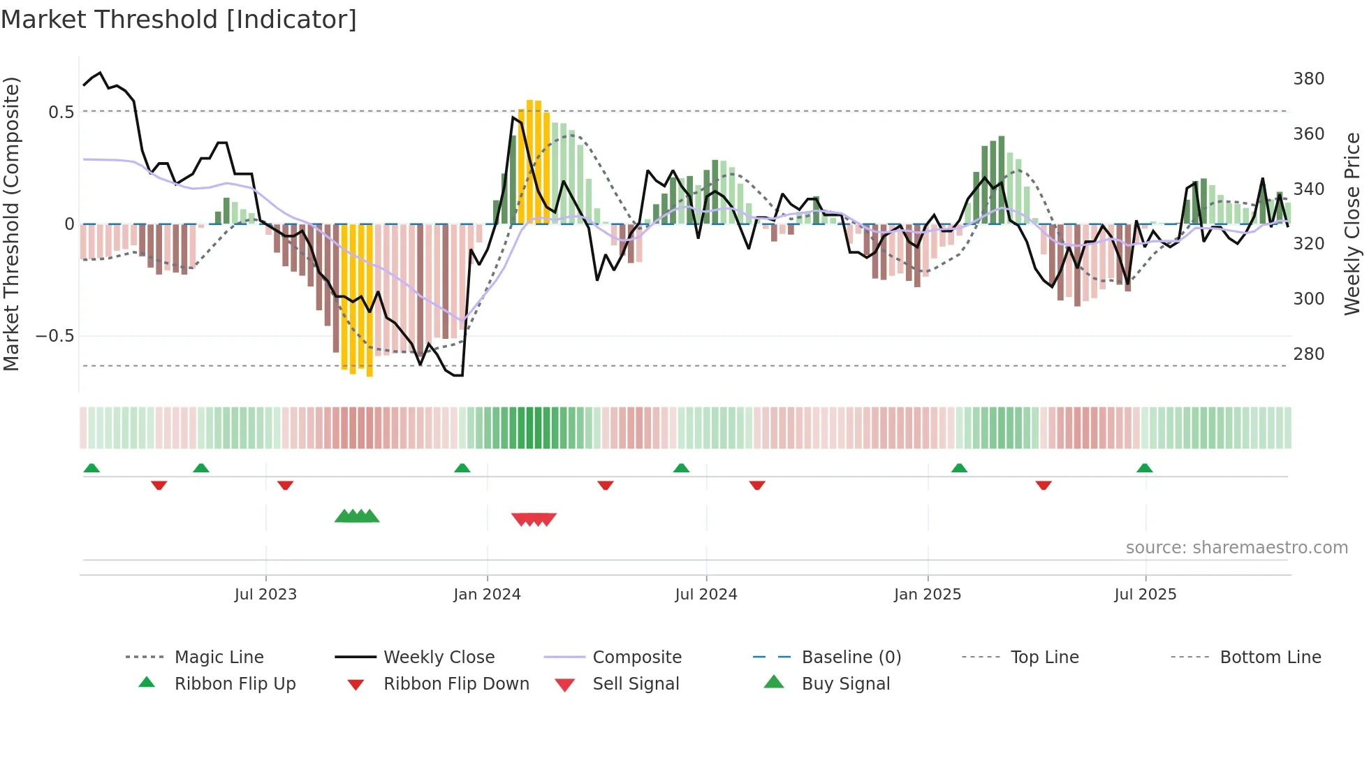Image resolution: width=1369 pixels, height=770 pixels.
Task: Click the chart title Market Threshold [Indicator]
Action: tap(179, 20)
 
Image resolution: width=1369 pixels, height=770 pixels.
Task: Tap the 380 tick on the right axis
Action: tap(1308, 79)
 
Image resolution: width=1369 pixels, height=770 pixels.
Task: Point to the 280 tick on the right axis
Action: tap(1308, 354)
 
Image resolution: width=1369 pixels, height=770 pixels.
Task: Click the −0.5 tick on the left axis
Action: tap(54, 336)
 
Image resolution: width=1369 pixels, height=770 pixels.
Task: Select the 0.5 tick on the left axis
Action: tap(61, 112)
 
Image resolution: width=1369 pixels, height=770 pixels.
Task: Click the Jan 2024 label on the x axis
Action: tap(487, 595)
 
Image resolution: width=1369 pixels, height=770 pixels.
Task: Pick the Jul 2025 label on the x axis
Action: tap(1145, 595)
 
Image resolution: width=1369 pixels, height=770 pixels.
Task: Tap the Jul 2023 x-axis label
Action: tap(265, 595)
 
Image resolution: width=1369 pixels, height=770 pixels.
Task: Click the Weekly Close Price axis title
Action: tap(1352, 224)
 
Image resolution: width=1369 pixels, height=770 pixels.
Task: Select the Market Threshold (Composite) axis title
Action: tap(11, 224)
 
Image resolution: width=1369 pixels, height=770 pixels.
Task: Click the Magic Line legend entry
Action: tap(219, 658)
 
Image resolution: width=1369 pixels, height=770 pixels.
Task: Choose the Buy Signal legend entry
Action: tap(845, 684)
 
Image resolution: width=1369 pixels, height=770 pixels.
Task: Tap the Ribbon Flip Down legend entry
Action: tap(456, 684)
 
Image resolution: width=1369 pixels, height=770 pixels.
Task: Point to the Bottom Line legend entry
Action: tap(1270, 658)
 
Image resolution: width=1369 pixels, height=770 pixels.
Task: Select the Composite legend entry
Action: tap(636, 658)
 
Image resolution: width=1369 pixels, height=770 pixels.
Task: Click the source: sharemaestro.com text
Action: tap(1236, 548)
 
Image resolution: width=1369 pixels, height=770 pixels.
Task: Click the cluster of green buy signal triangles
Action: tap(357, 516)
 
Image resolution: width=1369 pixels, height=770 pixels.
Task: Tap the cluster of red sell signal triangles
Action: tap(534, 519)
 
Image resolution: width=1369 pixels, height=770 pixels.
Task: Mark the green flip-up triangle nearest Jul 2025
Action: tap(1144, 468)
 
